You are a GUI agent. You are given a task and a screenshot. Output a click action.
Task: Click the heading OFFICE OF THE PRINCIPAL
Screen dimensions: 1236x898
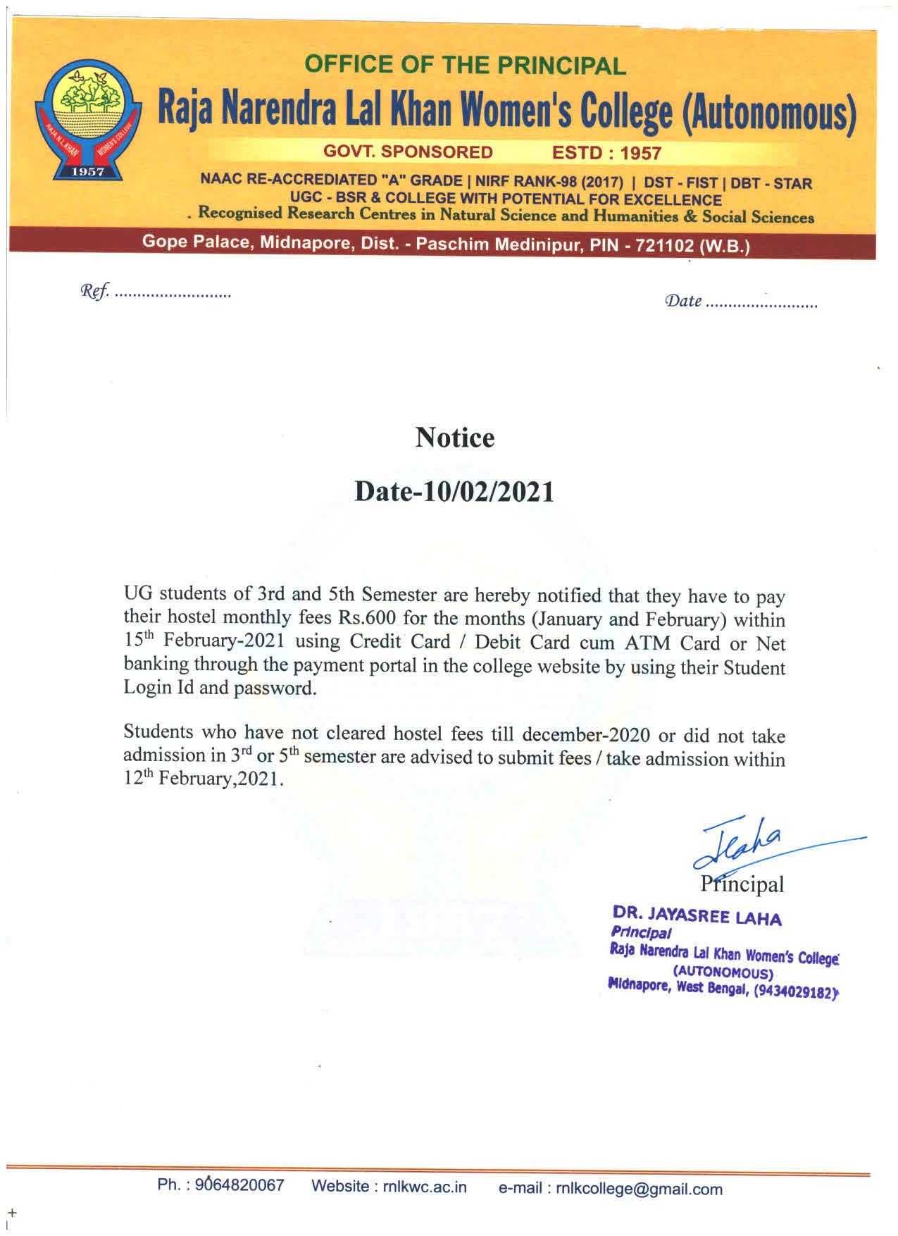coord(465,66)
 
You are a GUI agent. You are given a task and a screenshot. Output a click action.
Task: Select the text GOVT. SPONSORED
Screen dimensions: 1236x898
coord(408,152)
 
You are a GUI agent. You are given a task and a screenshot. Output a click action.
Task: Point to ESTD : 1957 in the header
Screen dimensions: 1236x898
coord(606,153)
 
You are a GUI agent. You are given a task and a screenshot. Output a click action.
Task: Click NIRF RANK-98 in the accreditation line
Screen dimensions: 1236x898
coord(526,181)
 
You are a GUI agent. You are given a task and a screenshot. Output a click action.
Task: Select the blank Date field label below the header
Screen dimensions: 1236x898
coord(683,302)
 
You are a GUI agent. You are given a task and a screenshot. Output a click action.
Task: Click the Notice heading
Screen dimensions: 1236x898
coord(454,438)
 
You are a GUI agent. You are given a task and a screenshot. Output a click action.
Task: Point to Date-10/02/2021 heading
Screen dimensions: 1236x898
coord(454,491)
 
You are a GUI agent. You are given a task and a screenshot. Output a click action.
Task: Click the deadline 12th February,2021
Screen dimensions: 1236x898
coord(204,779)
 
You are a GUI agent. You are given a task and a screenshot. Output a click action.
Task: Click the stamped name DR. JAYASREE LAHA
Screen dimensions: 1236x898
coord(697,916)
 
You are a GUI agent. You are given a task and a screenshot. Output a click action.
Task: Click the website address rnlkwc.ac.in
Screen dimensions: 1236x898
coord(425,1187)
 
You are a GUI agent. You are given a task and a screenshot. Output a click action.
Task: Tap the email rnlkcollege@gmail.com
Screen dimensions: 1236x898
coord(639,1189)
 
